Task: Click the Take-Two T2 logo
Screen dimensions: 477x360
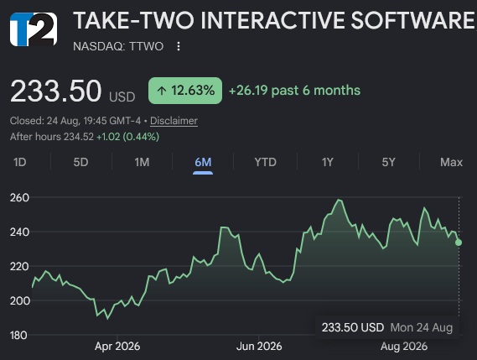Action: point(34,29)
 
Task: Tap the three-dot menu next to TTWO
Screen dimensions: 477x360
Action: point(179,46)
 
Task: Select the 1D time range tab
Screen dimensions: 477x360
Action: point(20,162)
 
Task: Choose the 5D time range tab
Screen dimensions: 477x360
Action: point(81,162)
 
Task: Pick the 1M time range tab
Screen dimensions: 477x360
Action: point(142,162)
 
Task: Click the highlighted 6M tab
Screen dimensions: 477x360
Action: point(203,162)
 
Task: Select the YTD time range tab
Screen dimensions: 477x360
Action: point(265,162)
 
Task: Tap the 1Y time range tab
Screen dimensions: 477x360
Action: point(328,162)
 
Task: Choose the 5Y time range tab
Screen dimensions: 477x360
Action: point(388,162)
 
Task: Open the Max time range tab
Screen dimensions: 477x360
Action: point(452,162)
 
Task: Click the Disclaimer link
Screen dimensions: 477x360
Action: point(174,121)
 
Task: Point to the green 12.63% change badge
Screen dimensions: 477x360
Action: point(185,91)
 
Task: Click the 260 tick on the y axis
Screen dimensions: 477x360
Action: point(19,198)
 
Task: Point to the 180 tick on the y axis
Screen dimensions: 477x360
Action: point(18,336)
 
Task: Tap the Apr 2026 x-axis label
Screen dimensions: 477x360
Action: point(117,347)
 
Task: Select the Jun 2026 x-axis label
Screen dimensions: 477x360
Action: point(259,347)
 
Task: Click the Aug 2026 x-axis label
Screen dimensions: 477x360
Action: point(404,347)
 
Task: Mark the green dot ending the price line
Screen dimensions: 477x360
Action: point(459,243)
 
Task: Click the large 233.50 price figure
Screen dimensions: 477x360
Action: point(55,91)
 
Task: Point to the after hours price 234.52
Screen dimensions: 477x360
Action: point(79,137)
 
